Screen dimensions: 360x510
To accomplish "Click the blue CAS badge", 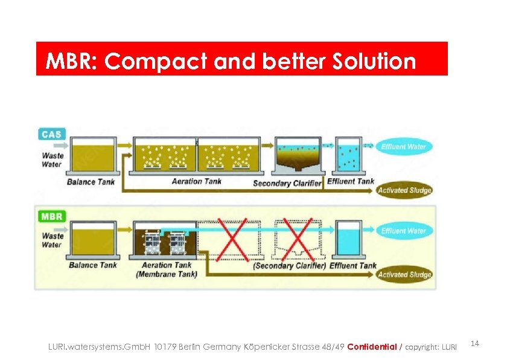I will tap(51, 133).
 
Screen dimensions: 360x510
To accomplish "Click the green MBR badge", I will tap(52, 216).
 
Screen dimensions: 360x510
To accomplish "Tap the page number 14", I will tap(474, 344).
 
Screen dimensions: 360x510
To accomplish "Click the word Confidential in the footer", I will tap(372, 347).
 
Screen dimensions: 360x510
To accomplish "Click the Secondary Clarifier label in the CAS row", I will tap(287, 183).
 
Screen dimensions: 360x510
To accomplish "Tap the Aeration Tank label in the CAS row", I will tap(196, 181).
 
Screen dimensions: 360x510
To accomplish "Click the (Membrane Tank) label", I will tap(166, 274).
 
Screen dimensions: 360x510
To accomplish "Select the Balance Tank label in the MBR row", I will tap(92, 265).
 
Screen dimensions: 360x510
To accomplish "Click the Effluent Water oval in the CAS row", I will tap(403, 147).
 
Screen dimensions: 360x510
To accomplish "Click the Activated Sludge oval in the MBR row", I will tap(404, 274).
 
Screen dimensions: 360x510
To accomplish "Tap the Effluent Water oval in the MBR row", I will tap(403, 231).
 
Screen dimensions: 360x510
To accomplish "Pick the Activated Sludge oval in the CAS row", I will tap(404, 190).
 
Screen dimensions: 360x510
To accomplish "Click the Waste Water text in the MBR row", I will tap(53, 240).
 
